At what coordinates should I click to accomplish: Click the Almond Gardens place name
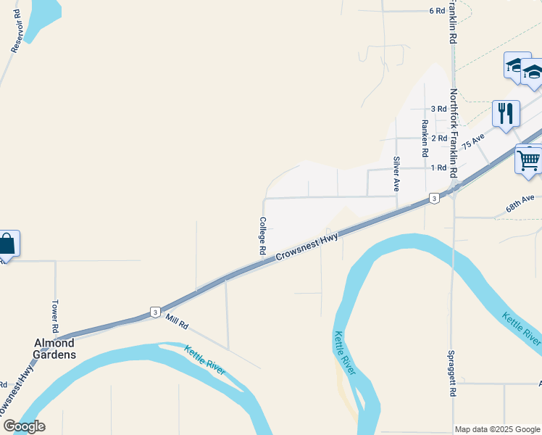click(56, 348)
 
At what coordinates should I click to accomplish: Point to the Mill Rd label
click(176, 319)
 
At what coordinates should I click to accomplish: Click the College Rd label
click(262, 236)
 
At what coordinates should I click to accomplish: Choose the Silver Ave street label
click(396, 173)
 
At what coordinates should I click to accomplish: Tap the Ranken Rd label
click(425, 138)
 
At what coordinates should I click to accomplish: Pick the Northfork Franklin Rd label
click(454, 134)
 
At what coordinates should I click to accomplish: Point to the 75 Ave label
click(472, 139)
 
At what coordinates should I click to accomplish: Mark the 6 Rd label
click(436, 11)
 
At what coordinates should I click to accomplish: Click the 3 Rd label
click(438, 109)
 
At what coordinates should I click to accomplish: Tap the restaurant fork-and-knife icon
click(506, 113)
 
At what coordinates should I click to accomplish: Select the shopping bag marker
click(7, 244)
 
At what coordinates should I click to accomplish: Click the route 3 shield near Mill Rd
click(155, 312)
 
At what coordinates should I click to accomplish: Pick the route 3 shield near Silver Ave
click(433, 198)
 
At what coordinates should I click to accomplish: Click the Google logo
click(23, 426)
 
